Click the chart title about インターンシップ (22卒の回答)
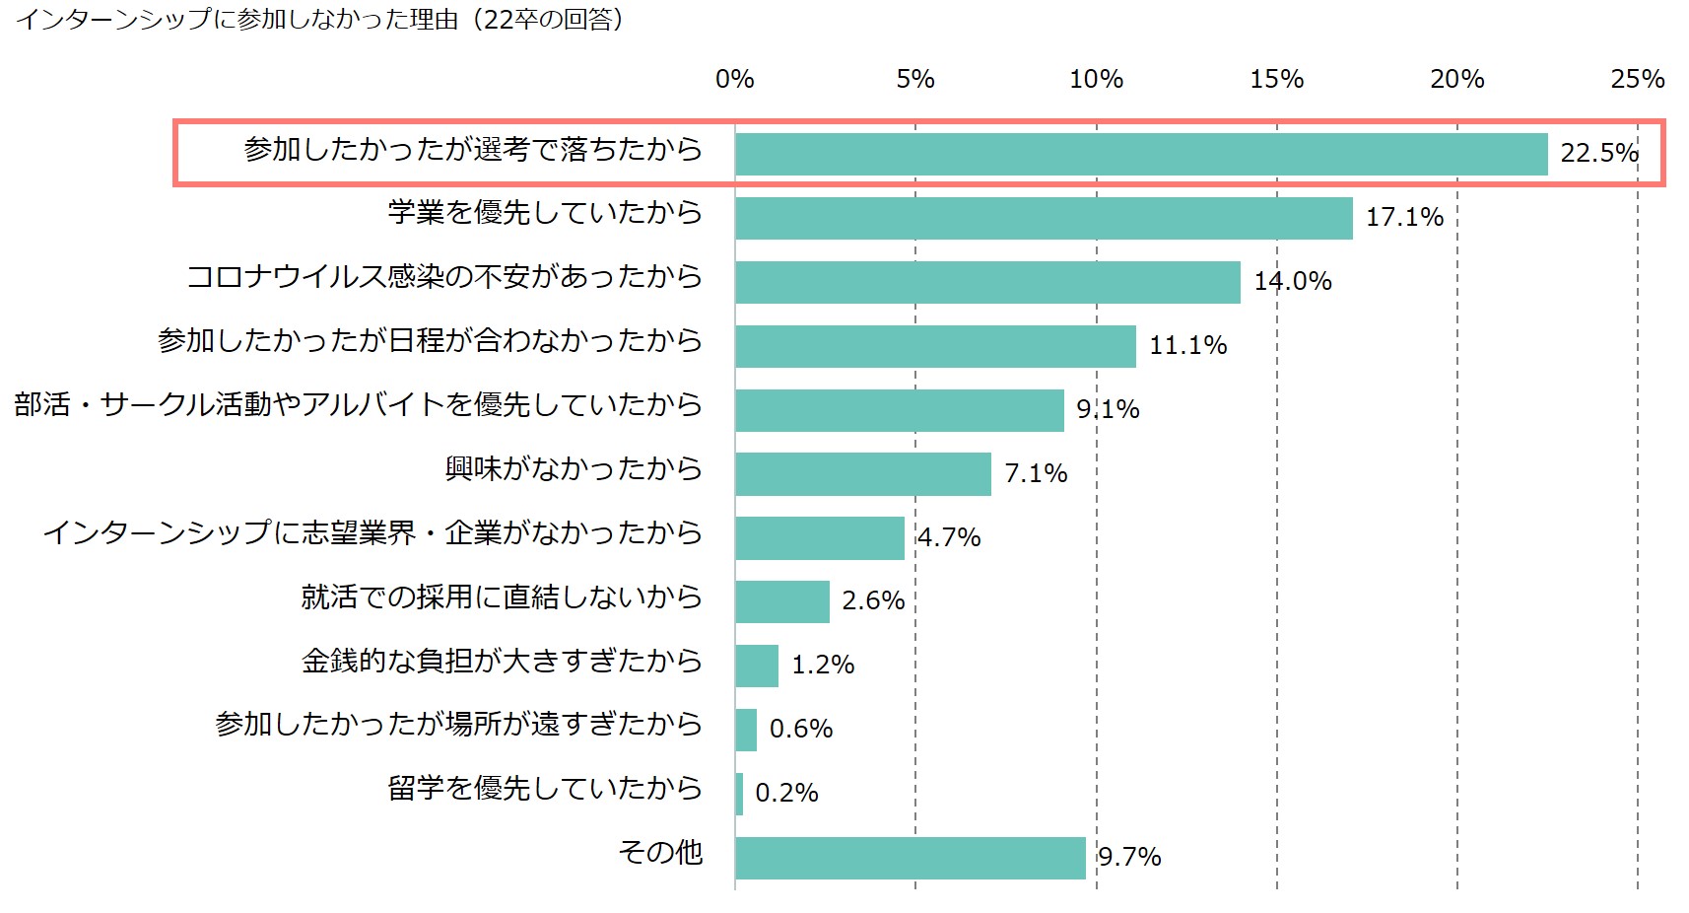(x=320, y=20)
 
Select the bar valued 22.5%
(x=1141, y=154)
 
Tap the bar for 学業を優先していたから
(x=1044, y=218)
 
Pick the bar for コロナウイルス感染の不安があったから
(x=987, y=282)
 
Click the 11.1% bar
(x=935, y=346)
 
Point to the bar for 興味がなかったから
(x=863, y=474)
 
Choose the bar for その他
(x=911, y=858)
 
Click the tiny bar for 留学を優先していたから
(x=739, y=794)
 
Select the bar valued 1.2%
(x=757, y=666)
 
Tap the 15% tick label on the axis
(x=1276, y=79)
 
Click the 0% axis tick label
(x=735, y=79)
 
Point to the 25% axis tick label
(x=1637, y=79)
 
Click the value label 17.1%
(x=1404, y=217)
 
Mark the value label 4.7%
(x=949, y=537)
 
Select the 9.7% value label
(x=1129, y=857)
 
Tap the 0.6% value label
(x=801, y=729)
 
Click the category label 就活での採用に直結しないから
(x=502, y=597)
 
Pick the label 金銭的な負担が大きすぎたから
(x=502, y=661)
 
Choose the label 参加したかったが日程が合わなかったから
(x=430, y=341)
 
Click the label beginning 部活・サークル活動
(x=358, y=404)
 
